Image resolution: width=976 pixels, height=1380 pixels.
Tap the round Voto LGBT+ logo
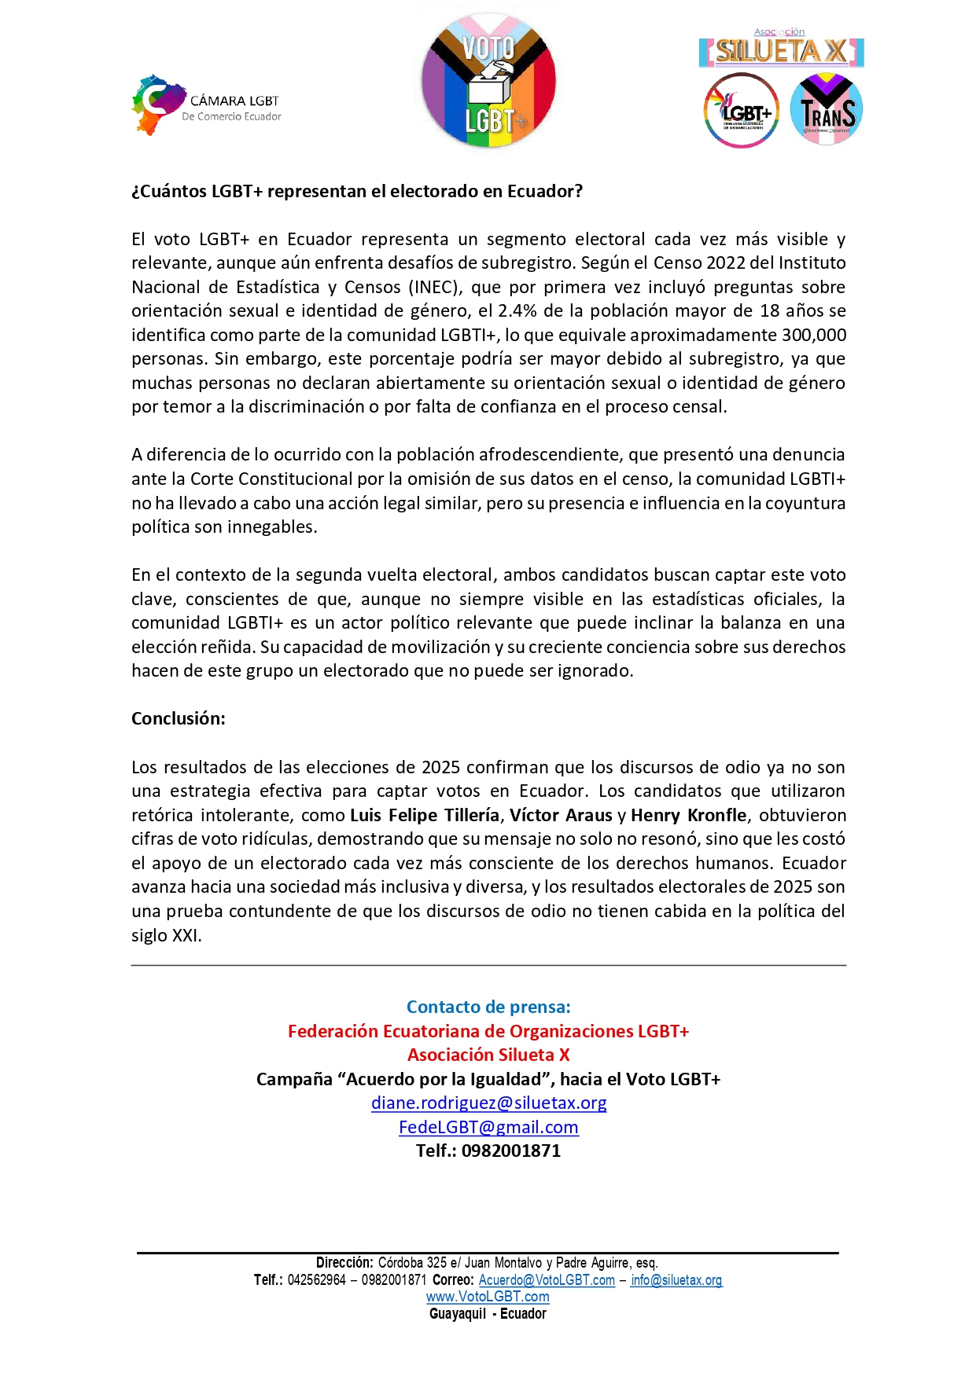coord(488,81)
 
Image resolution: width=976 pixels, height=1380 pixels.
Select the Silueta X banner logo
coord(781,52)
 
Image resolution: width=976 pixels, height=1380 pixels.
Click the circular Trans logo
coord(827,110)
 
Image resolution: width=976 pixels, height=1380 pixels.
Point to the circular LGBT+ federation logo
coord(741,111)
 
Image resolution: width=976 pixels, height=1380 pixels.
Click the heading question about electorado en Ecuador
coord(357,192)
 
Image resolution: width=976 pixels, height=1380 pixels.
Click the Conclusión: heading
coord(179,719)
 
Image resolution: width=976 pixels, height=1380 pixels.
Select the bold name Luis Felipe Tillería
coord(425,816)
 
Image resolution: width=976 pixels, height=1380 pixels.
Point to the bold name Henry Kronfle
coord(689,816)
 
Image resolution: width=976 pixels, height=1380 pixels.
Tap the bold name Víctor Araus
coord(561,816)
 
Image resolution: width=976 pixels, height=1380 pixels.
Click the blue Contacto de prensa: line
coord(488,1007)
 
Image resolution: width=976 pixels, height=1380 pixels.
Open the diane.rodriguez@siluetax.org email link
coord(488,1103)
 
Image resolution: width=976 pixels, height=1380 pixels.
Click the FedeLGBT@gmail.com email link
coord(488,1128)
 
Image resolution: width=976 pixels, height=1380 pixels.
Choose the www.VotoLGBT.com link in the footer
coord(488,1297)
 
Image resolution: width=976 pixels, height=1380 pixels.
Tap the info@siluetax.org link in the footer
coord(676,1280)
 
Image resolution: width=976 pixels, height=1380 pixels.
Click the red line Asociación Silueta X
coord(488,1055)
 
